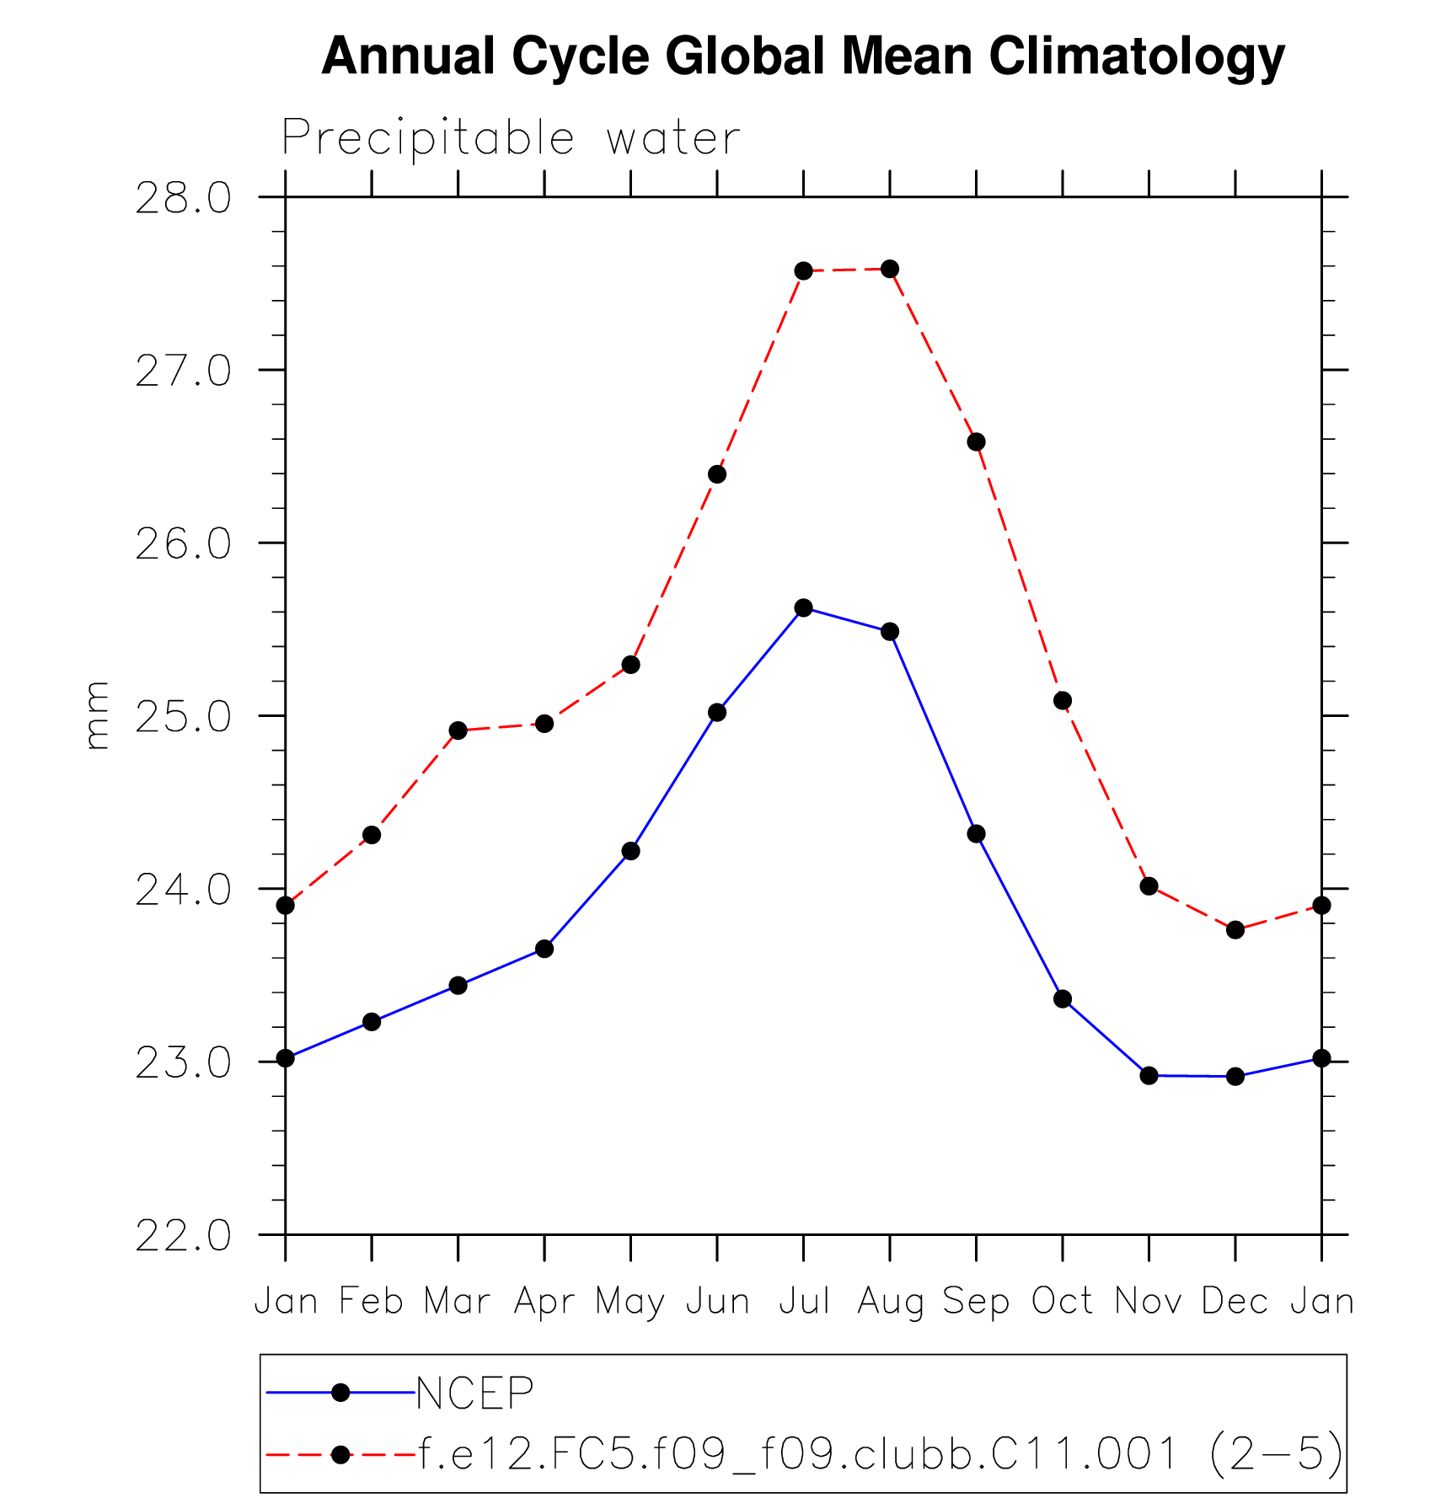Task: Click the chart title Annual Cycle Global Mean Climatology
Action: coord(802,57)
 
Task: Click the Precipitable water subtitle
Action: coord(511,137)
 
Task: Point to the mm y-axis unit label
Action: coord(98,715)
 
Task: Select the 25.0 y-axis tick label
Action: coord(183,717)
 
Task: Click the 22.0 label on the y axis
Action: coord(183,1236)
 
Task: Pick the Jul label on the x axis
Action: coord(804,1302)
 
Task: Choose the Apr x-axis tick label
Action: coord(544,1302)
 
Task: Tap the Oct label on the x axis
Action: coord(1062,1302)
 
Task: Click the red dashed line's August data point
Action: coord(890,270)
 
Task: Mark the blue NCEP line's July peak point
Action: coord(804,607)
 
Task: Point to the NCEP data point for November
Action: coord(1149,1075)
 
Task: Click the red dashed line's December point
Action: coord(1235,930)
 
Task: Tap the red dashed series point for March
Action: coord(458,730)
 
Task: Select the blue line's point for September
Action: coord(976,834)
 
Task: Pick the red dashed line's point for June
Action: coord(717,474)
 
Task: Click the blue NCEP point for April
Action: coord(544,949)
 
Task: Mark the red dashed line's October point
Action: coord(1063,701)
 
